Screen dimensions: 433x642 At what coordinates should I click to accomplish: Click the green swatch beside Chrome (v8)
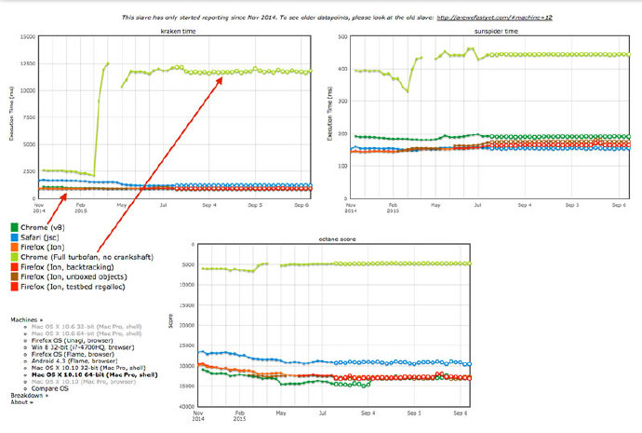(x=12, y=225)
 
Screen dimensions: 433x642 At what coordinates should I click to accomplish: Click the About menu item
(x=22, y=402)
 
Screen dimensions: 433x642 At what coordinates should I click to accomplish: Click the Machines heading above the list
(x=25, y=319)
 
